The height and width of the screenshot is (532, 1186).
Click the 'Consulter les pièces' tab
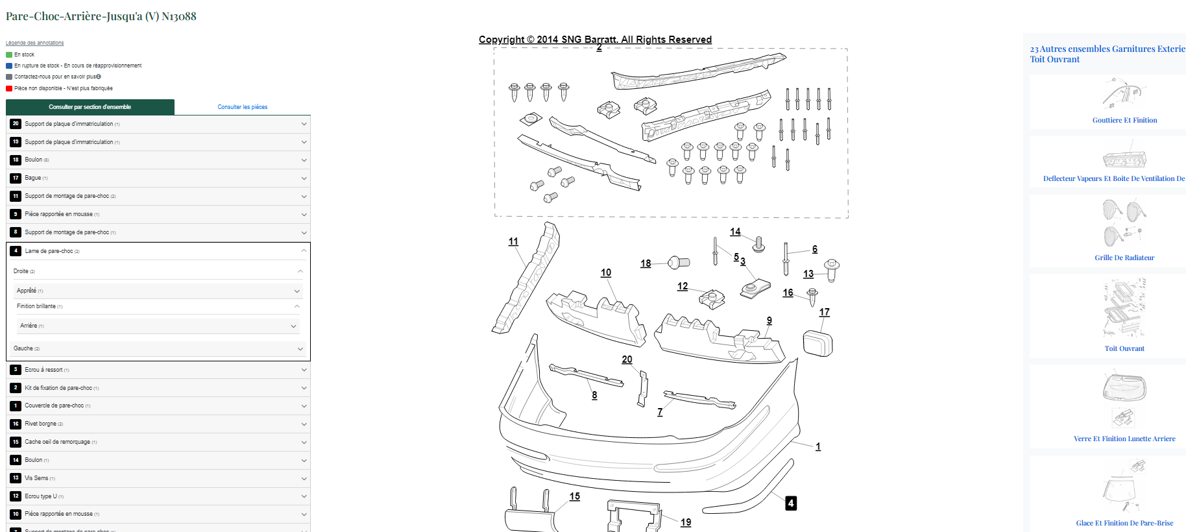(242, 107)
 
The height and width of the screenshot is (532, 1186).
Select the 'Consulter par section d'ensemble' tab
(90, 107)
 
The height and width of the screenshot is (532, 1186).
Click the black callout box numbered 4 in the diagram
(790, 503)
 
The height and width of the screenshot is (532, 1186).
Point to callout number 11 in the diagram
(513, 241)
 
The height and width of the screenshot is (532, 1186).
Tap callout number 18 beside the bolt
(646, 263)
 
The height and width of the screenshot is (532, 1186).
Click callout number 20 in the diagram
(627, 359)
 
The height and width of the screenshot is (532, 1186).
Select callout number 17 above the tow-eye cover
(824, 312)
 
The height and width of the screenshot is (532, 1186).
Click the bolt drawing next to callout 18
(679, 262)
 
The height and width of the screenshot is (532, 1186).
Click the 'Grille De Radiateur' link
(1124, 258)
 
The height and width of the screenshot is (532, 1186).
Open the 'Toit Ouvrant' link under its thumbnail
(1124, 348)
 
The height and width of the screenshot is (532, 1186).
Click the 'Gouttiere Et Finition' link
(1124, 120)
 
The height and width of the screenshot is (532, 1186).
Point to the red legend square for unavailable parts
(9, 88)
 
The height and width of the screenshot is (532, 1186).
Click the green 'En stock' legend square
(9, 54)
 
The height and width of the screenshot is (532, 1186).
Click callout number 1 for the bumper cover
(818, 446)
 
